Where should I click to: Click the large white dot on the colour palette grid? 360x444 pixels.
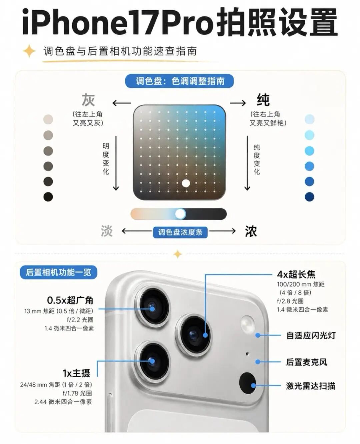coord(186,183)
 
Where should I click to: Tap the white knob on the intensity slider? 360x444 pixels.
coord(180,214)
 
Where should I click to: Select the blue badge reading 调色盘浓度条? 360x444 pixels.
coord(180,232)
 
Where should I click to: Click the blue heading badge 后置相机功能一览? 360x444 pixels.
coord(59,272)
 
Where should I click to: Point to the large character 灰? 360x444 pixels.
coord(88,100)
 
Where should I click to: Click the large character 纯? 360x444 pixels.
coord(263,100)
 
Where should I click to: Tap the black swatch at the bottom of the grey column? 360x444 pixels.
coord(48,197)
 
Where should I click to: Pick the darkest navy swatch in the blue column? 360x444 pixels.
coord(309,197)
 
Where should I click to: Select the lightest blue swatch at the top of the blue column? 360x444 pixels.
coord(309,119)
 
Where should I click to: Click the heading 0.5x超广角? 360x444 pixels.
coord(70,300)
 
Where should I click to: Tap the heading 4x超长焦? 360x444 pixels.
coord(296,274)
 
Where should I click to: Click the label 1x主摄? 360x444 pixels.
coord(76,373)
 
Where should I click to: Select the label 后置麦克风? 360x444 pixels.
coord(306,362)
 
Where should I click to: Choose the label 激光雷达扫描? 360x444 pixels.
coord(310,386)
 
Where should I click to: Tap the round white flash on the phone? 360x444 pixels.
coord(248,324)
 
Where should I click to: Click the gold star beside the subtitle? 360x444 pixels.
coord(29,51)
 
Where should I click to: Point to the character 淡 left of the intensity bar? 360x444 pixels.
coord(107,231)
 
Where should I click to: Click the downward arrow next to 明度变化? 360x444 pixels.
coord(116,163)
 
